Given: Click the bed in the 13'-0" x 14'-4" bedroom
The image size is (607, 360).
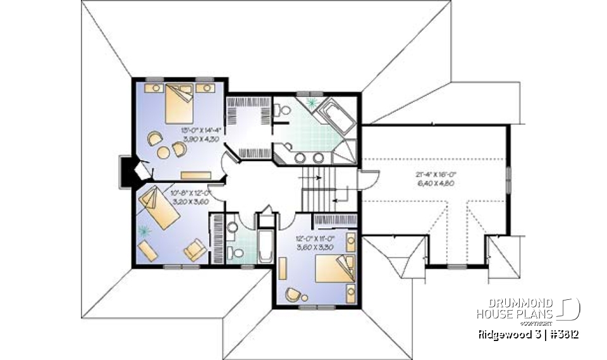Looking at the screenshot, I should click(x=178, y=104).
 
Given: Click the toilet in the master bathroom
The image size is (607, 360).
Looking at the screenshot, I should click(x=284, y=111).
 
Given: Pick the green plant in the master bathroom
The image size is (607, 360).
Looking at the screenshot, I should click(x=311, y=102).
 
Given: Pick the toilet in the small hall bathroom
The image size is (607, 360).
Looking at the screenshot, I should click(x=236, y=252).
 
